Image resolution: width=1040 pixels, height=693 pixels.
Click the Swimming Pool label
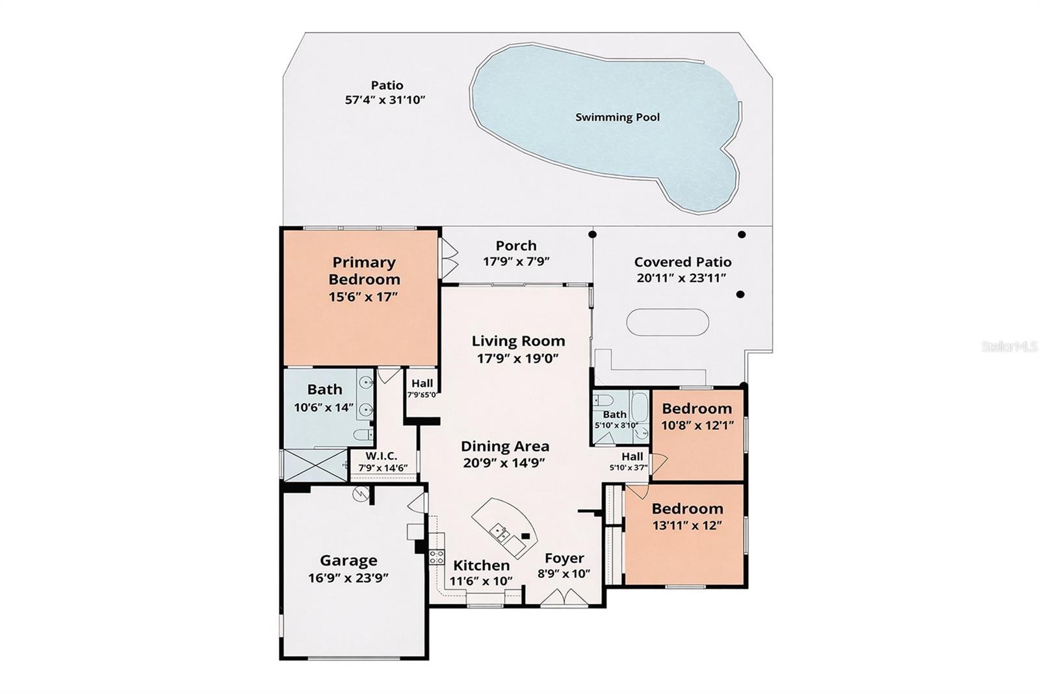pyautogui.click(x=617, y=118)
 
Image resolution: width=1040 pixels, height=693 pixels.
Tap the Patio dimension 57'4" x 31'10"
pyautogui.click(x=385, y=100)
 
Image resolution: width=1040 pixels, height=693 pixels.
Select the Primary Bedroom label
pyautogui.click(x=364, y=270)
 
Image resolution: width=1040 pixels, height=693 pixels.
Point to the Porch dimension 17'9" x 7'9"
pyautogui.click(x=516, y=262)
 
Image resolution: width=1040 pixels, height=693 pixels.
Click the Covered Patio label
pyautogui.click(x=682, y=262)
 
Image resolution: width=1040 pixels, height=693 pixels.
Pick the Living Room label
pyautogui.click(x=518, y=341)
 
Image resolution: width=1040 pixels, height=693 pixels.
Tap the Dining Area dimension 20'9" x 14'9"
pyautogui.click(x=504, y=463)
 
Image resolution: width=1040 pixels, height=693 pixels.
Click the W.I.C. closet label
pyautogui.click(x=381, y=456)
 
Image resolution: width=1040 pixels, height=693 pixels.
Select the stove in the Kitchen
pyautogui.click(x=436, y=556)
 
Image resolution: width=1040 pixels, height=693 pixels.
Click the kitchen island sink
pyautogui.click(x=499, y=532)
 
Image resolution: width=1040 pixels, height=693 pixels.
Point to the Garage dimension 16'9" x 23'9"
pyautogui.click(x=348, y=577)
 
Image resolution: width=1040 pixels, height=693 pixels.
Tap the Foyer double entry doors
pyautogui.click(x=559, y=598)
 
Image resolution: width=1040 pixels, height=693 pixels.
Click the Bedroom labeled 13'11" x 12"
pyautogui.click(x=687, y=508)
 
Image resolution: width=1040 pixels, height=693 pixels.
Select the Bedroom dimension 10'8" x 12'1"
pyautogui.click(x=697, y=425)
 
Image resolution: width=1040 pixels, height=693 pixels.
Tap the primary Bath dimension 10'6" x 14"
pyautogui.click(x=324, y=408)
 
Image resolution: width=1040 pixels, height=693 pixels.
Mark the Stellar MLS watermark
pyautogui.click(x=1009, y=346)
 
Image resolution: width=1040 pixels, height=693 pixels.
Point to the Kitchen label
pyautogui.click(x=481, y=565)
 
